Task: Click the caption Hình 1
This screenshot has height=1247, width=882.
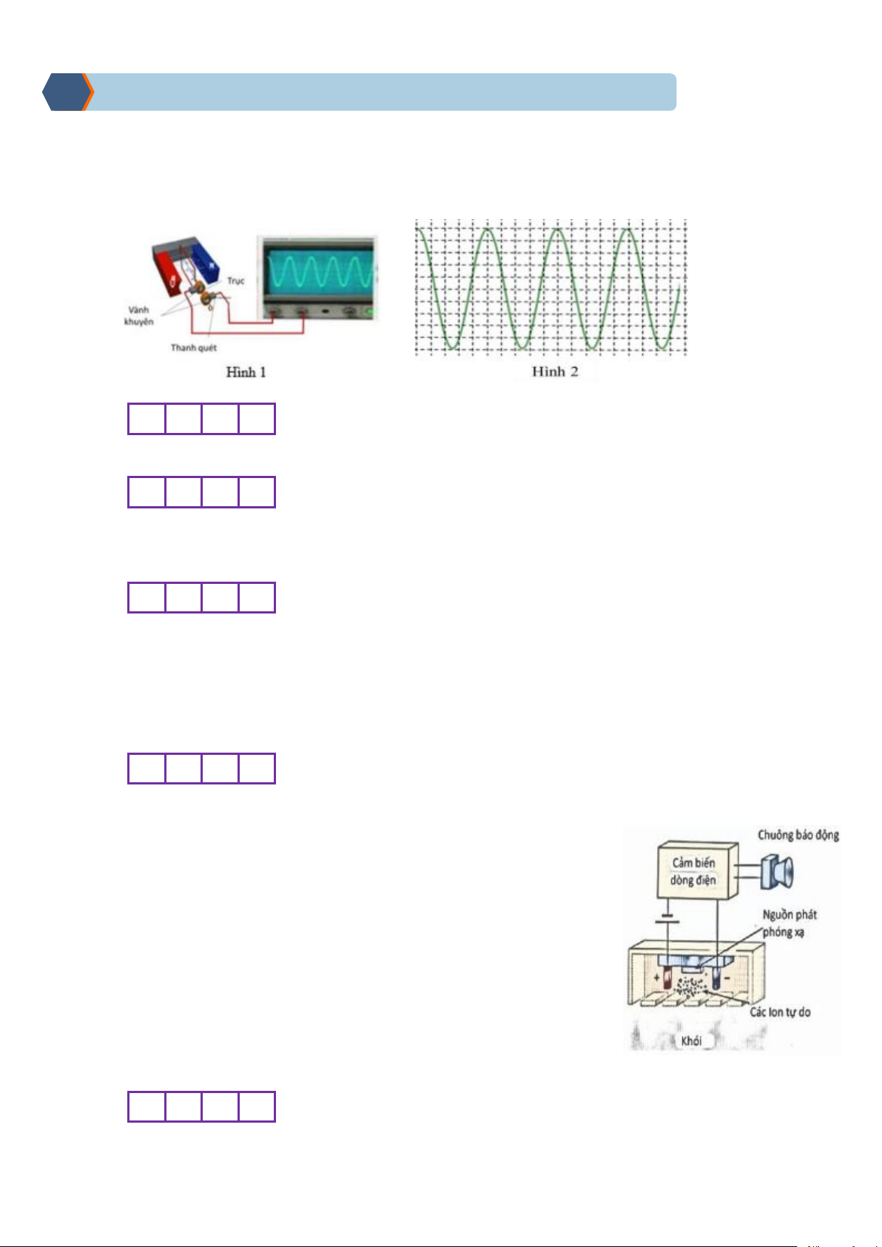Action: click(x=246, y=372)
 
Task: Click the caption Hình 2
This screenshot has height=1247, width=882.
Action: click(x=555, y=372)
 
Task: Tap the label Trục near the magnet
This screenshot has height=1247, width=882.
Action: click(x=235, y=280)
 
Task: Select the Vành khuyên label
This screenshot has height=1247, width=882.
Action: click(x=139, y=316)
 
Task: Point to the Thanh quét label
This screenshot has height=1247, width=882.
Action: click(x=194, y=348)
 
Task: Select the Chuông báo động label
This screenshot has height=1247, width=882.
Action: click(x=798, y=836)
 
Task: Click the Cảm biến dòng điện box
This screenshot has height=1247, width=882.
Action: click(x=693, y=872)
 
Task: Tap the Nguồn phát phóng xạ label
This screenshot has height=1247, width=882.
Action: click(x=789, y=923)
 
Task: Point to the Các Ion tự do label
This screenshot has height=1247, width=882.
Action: click(x=780, y=1012)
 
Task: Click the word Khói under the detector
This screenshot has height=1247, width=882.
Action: click(x=691, y=1041)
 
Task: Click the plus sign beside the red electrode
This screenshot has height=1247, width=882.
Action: click(x=657, y=978)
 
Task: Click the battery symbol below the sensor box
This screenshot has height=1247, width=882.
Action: click(x=667, y=921)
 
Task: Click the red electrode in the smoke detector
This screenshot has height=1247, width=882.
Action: click(x=667, y=981)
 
